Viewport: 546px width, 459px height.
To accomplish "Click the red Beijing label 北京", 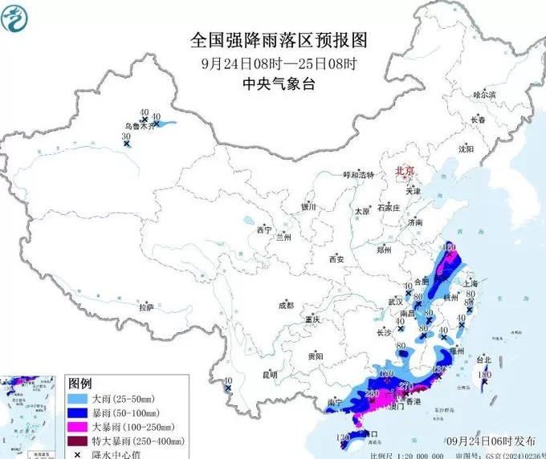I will click(x=403, y=171).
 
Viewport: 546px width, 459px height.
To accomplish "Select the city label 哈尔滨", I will click(x=485, y=95).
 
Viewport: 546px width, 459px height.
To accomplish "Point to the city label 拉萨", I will click(x=145, y=307).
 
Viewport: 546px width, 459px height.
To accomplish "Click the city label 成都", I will click(x=286, y=305).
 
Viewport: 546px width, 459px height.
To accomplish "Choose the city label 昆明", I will click(x=269, y=374).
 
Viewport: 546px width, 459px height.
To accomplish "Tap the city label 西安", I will click(x=336, y=259).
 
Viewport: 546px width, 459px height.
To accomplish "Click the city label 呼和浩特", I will click(x=359, y=175).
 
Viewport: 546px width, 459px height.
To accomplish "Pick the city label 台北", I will click(x=484, y=359).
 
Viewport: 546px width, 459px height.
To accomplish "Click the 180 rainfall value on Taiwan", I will click(x=484, y=376).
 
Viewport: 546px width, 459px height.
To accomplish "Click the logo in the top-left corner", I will click(x=18, y=18).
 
